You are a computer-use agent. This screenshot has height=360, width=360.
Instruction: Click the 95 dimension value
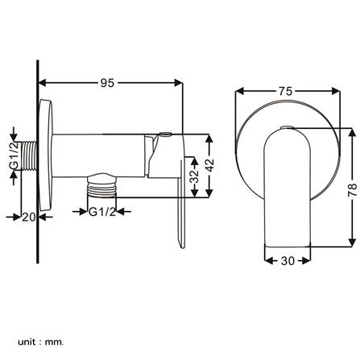[108, 81]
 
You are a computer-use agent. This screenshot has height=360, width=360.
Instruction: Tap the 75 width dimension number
[284, 91]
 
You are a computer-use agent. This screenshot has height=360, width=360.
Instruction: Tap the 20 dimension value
[27, 216]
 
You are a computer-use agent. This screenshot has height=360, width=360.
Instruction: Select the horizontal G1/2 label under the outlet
[103, 212]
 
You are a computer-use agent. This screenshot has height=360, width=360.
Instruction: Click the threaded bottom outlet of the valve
[102, 191]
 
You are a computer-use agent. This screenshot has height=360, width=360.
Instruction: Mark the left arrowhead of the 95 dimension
[42, 81]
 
